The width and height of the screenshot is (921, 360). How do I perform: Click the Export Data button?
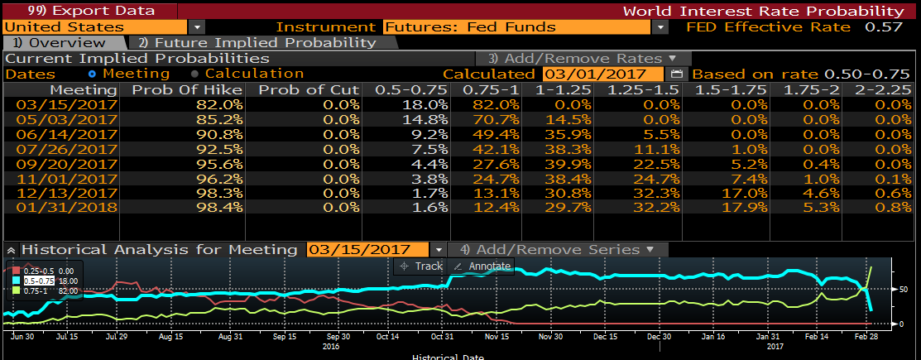tap(80, 11)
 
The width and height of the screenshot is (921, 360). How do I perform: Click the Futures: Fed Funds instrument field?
tap(518, 27)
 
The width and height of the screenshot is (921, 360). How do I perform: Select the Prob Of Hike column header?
tap(188, 89)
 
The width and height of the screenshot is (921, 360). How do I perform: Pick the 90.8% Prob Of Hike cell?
tap(219, 135)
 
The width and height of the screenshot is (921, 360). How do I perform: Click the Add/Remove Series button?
tap(557, 249)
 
